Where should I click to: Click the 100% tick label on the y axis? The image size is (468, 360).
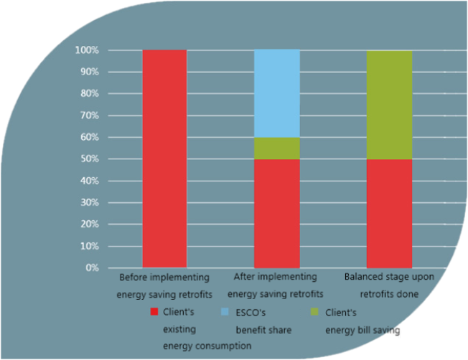pos(87,50)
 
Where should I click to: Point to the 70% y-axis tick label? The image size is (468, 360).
pos(90,115)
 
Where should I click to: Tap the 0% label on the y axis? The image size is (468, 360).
pos(92,267)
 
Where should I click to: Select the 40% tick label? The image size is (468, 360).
pos(90,181)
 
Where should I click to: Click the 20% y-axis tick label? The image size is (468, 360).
pos(90,224)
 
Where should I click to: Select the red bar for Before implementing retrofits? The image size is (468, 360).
pos(164,158)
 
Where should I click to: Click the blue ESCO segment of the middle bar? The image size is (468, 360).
pos(277,93)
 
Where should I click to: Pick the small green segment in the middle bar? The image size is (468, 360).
pos(277,148)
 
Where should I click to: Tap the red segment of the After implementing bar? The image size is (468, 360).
pos(277,214)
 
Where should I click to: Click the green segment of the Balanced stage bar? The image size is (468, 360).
pos(389,105)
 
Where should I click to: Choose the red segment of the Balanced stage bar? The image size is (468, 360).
pos(389,214)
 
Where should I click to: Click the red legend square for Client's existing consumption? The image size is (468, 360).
pos(154,312)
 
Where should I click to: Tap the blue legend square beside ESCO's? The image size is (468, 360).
pos(225,312)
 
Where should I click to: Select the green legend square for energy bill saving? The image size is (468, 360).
pos(314,312)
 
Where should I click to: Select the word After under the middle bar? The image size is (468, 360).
pos(243,277)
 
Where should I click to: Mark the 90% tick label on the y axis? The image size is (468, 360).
pos(90,72)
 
